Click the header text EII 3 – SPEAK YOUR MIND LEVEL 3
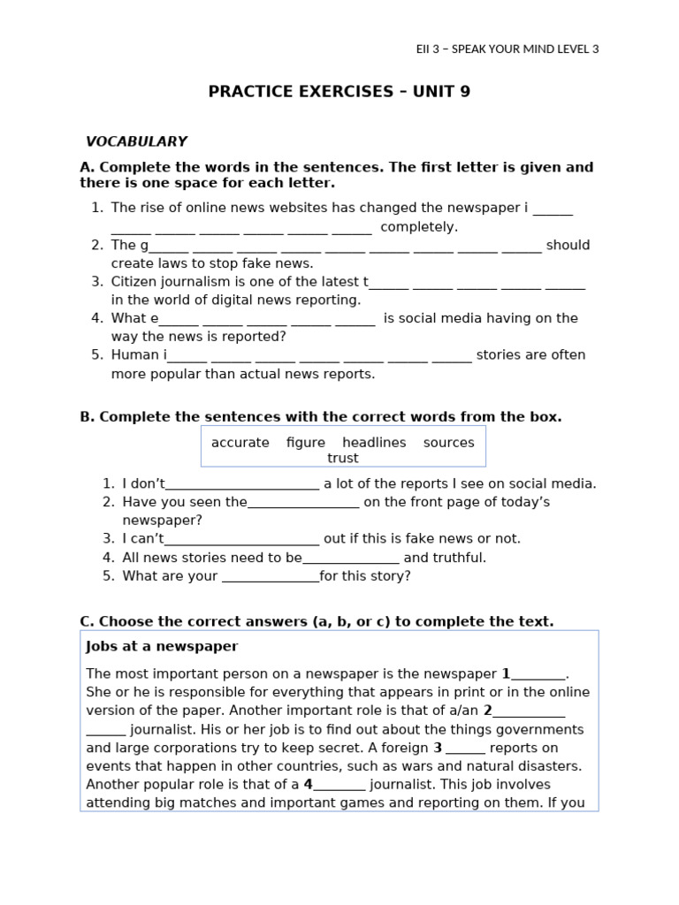click(507, 49)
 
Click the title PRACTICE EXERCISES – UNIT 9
click(339, 92)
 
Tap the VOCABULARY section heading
click(136, 141)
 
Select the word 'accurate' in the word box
click(240, 443)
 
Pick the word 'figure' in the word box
click(306, 443)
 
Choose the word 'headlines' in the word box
click(374, 443)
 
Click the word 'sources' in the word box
click(448, 443)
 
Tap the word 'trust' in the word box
click(343, 458)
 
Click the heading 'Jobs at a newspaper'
click(162, 647)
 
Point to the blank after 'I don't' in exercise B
click(242, 484)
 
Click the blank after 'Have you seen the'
click(303, 503)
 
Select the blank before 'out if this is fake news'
click(242, 539)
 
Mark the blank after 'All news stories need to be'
click(351, 559)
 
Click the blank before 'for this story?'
click(271, 577)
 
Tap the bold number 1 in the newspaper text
click(506, 673)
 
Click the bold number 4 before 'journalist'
click(309, 785)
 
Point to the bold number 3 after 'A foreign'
click(438, 748)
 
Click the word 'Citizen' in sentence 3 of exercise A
click(134, 282)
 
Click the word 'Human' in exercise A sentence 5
click(135, 355)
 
